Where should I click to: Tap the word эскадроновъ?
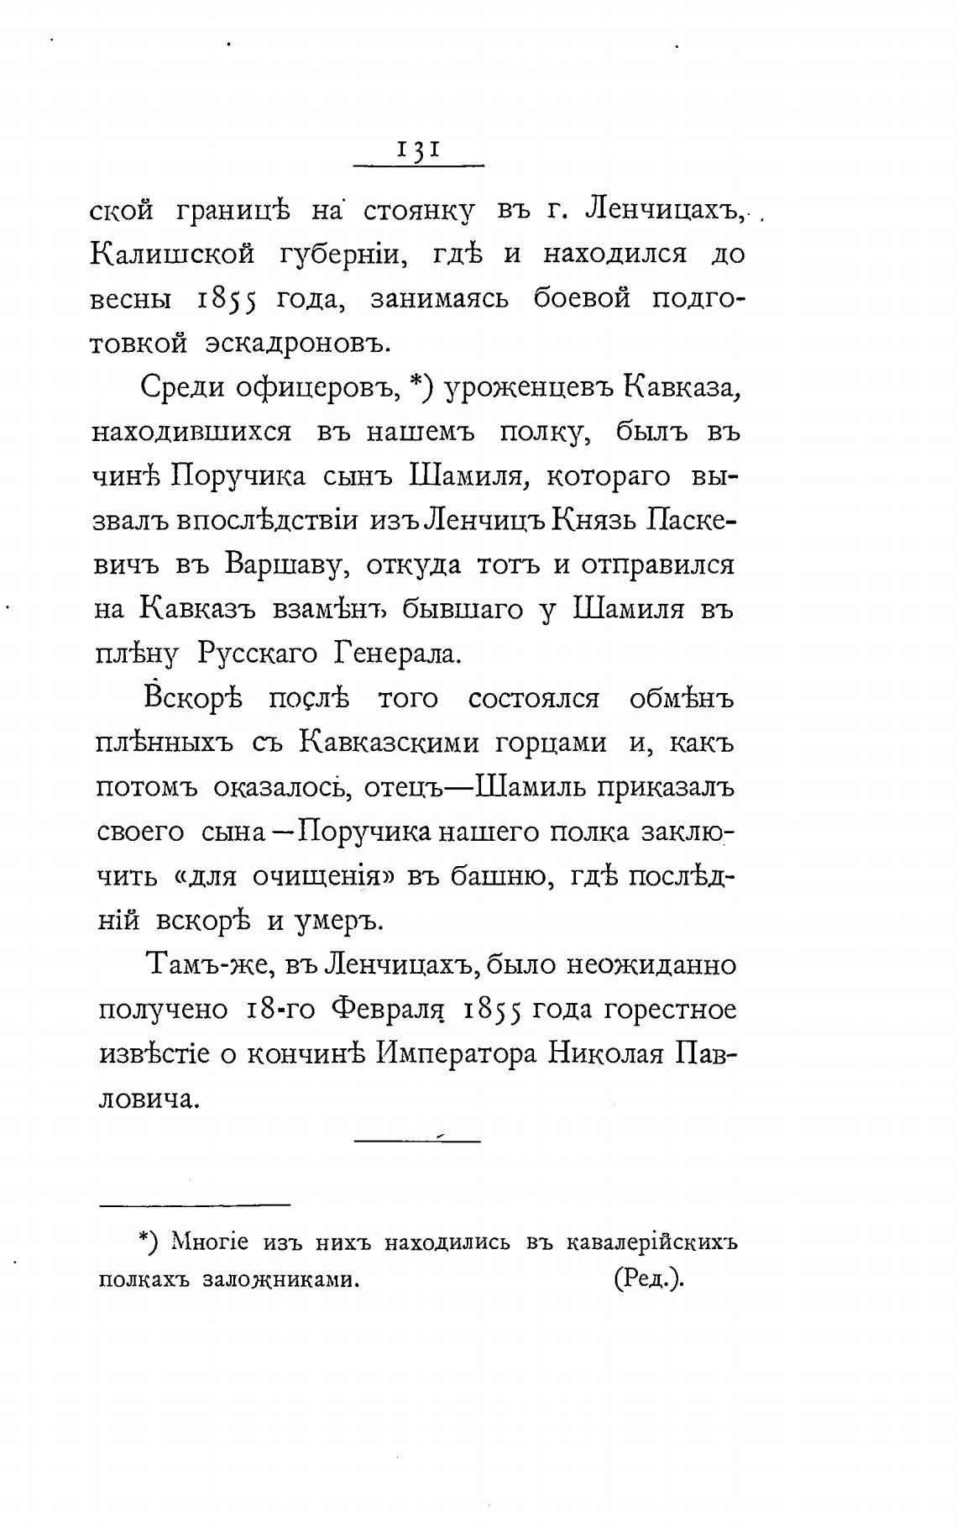298,343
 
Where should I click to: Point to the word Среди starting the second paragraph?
182,387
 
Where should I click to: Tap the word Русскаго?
259,654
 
